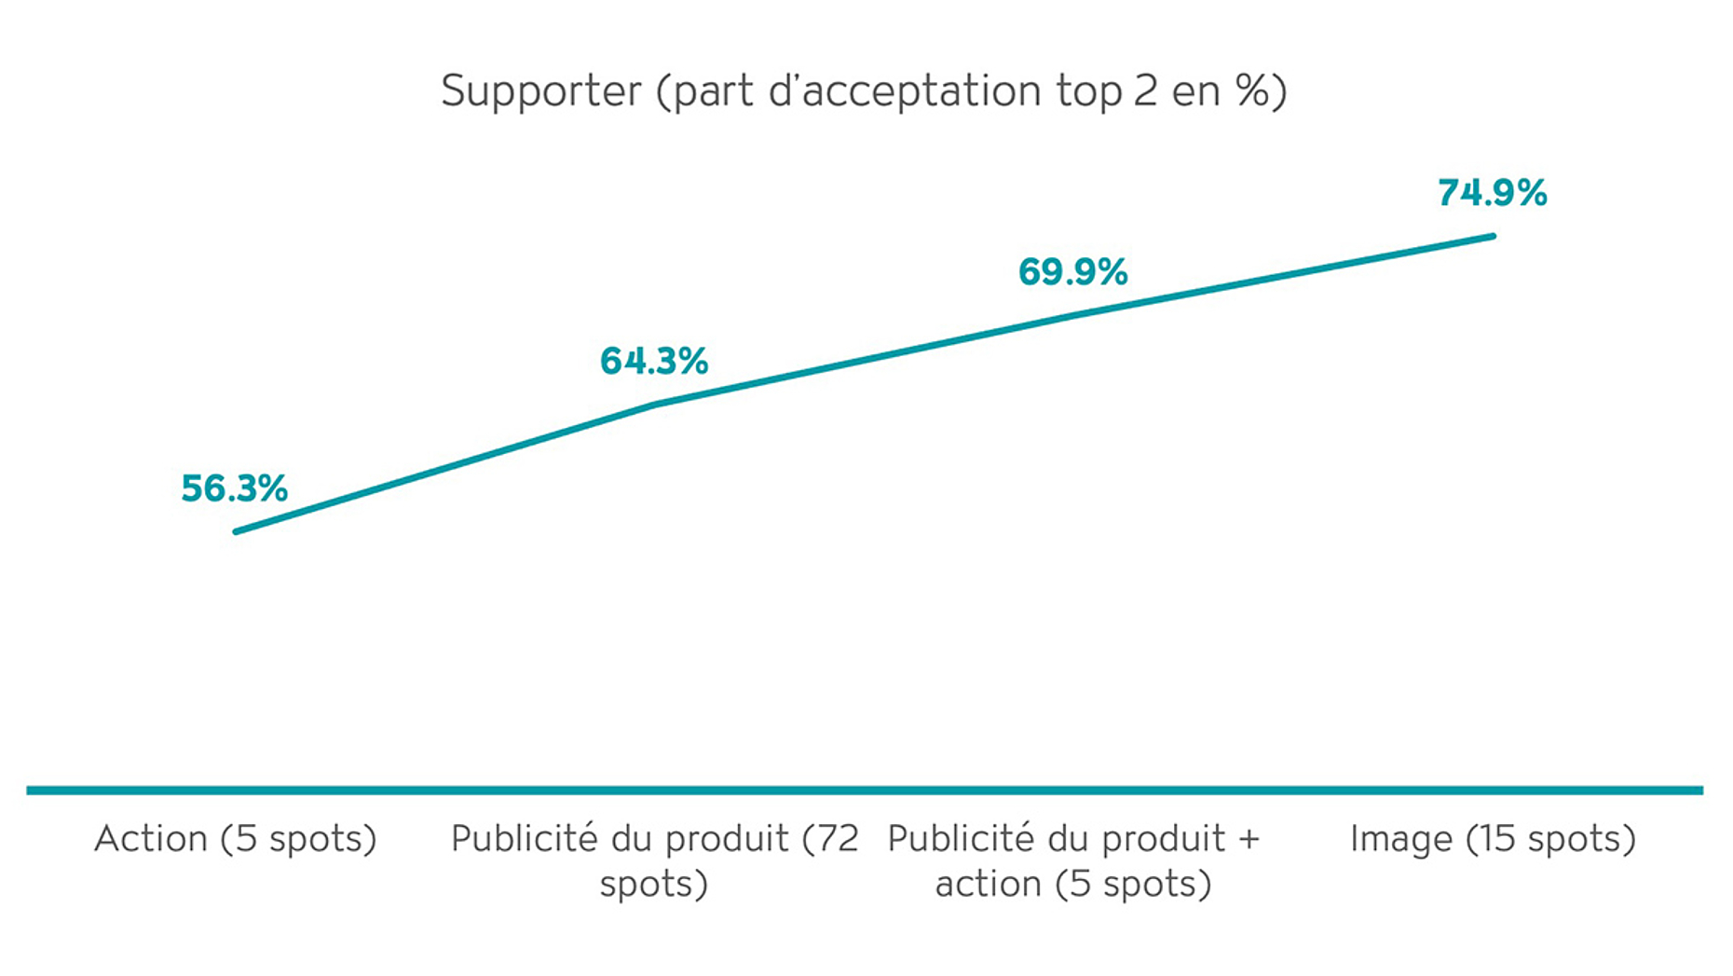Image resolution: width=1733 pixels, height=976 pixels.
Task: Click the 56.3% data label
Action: click(234, 488)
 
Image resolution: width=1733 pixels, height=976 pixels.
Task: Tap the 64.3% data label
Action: click(653, 361)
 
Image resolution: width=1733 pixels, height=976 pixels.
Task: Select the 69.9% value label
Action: click(1072, 272)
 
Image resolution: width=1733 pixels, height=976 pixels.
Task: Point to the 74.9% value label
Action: click(1492, 193)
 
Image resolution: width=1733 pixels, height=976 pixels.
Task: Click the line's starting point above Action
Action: click(237, 531)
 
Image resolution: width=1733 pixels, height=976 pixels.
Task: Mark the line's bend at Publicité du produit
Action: click(655, 404)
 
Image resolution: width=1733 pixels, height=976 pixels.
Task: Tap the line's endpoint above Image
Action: click(1493, 236)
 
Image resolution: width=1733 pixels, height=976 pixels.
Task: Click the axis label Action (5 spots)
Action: click(235, 839)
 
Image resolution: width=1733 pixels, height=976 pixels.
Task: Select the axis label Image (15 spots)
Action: click(1493, 839)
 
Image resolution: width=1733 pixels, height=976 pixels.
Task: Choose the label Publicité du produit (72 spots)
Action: click(654, 860)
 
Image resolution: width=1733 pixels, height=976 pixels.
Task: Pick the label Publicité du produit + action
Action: click(1073, 860)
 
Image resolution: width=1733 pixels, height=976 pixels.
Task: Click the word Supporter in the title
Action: click(541, 91)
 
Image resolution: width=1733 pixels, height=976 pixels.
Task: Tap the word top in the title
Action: click(1088, 91)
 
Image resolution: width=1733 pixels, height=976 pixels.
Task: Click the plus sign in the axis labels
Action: click(1249, 839)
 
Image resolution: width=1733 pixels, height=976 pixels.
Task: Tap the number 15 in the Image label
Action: click(1497, 839)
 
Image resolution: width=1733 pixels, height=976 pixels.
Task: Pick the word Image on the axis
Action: click(1400, 839)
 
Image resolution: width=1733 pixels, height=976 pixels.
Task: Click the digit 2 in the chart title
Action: click(1145, 91)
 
